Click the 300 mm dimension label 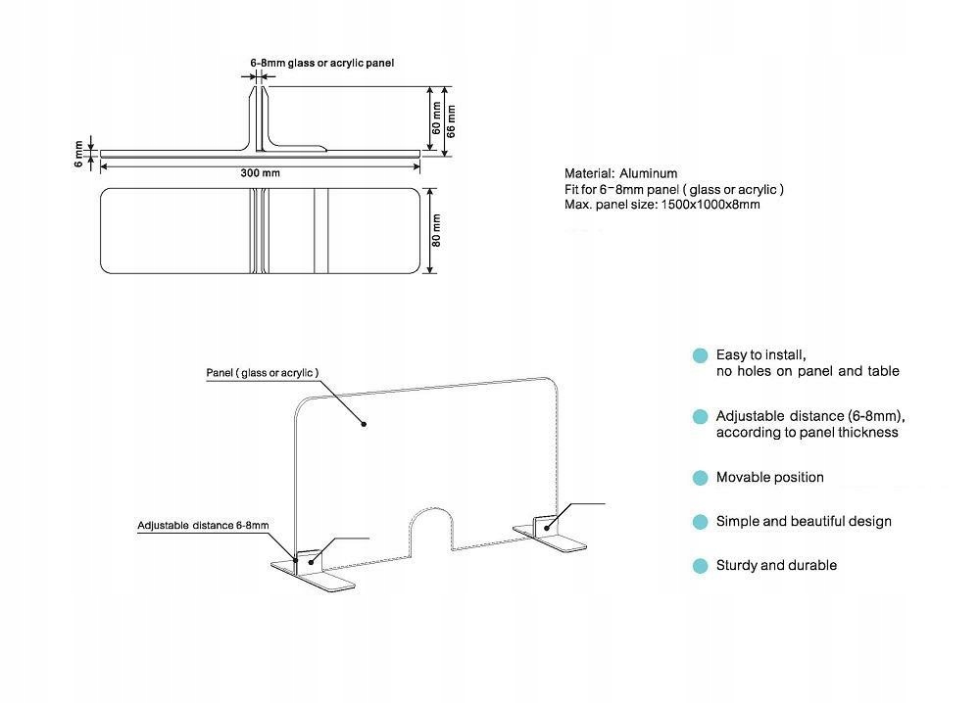pos(260,173)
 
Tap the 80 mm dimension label pos(437,230)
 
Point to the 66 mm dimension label pos(452,119)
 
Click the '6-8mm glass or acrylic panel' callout pos(321,63)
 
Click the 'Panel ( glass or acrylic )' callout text pos(262,373)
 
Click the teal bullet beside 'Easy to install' pos(700,355)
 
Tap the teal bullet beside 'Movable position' pos(700,478)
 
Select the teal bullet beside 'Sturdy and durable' pos(700,566)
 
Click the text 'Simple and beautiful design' pos(804,522)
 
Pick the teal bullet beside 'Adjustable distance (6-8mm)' pos(700,416)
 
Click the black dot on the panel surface pos(364,424)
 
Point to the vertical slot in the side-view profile pos(260,119)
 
